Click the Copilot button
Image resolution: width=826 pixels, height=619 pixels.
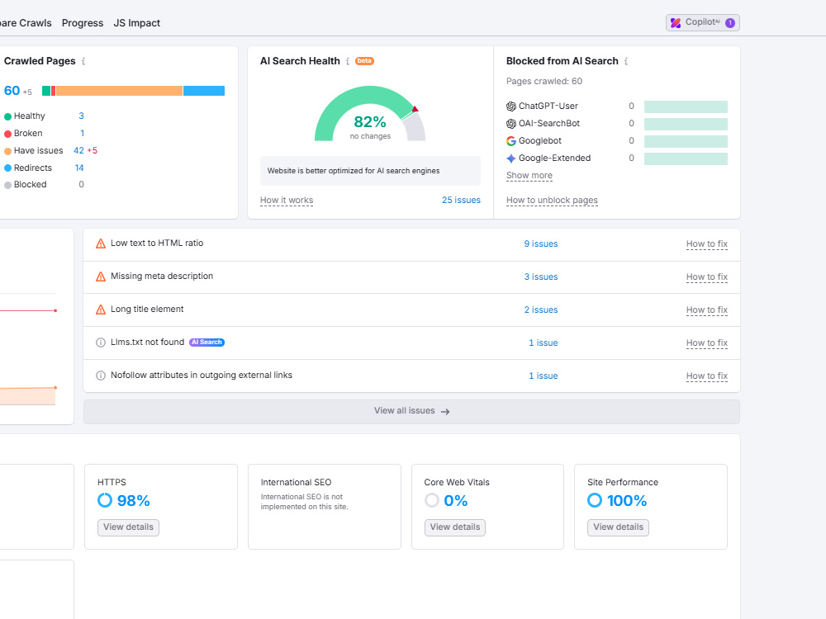point(702,22)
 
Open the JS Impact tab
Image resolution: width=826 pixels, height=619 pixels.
point(137,23)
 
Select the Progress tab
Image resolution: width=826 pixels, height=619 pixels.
point(82,23)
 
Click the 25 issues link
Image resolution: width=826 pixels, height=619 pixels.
point(461,200)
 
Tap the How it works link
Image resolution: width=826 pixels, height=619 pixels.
point(287,200)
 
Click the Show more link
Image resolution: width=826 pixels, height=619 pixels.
point(529,175)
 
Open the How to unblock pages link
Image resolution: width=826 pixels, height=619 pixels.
point(552,200)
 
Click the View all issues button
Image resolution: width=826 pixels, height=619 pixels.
point(411,411)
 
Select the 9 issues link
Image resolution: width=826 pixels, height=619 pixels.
point(541,243)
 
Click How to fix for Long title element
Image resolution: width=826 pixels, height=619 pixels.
point(707,310)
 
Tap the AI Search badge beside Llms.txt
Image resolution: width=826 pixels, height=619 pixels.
point(207,343)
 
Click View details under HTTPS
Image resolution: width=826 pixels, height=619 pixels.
point(128,527)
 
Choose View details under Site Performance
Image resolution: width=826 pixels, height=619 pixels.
point(618,527)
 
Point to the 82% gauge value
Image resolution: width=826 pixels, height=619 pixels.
point(370,122)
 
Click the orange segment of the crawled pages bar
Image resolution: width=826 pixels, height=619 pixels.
point(119,91)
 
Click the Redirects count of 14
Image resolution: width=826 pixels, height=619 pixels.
point(79,168)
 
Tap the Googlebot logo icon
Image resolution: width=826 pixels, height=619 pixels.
point(511,141)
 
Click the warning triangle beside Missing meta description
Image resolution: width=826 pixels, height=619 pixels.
point(101,276)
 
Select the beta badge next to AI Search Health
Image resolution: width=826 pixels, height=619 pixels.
point(364,61)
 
